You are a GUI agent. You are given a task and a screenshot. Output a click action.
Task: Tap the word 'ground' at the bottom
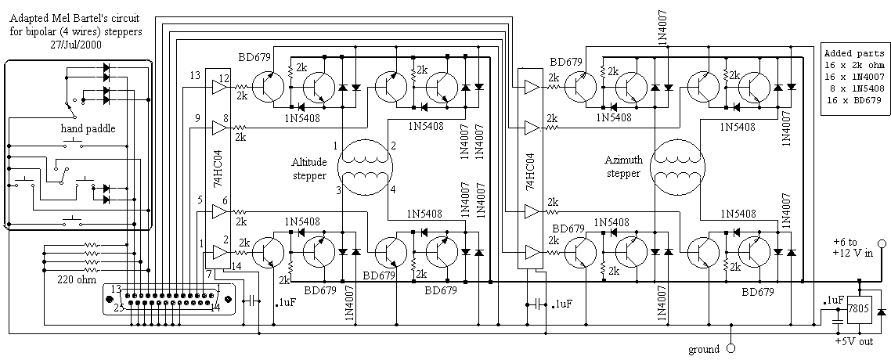[704, 348]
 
